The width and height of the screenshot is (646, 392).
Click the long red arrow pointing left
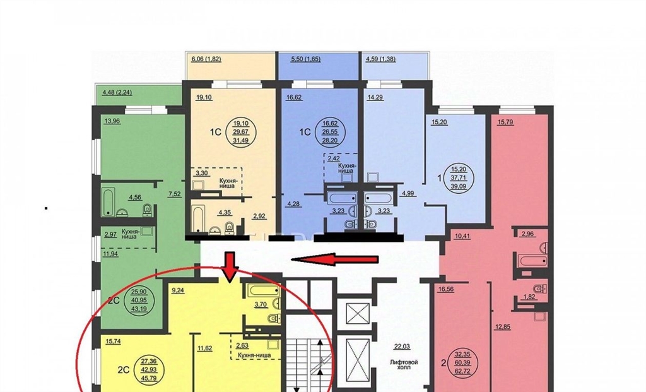(334, 259)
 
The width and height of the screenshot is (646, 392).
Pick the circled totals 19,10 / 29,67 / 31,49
(244, 131)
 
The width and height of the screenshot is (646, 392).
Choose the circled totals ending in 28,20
(333, 131)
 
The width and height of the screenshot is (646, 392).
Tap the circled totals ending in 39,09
(461, 177)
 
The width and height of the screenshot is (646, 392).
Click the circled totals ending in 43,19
(139, 299)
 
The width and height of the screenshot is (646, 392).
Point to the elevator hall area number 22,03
(402, 347)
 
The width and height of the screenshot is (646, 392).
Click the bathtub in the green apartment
(109, 202)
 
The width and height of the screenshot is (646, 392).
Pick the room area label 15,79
(505, 122)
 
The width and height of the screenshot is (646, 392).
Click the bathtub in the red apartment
(532, 261)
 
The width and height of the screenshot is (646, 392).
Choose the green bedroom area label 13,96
(112, 121)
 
